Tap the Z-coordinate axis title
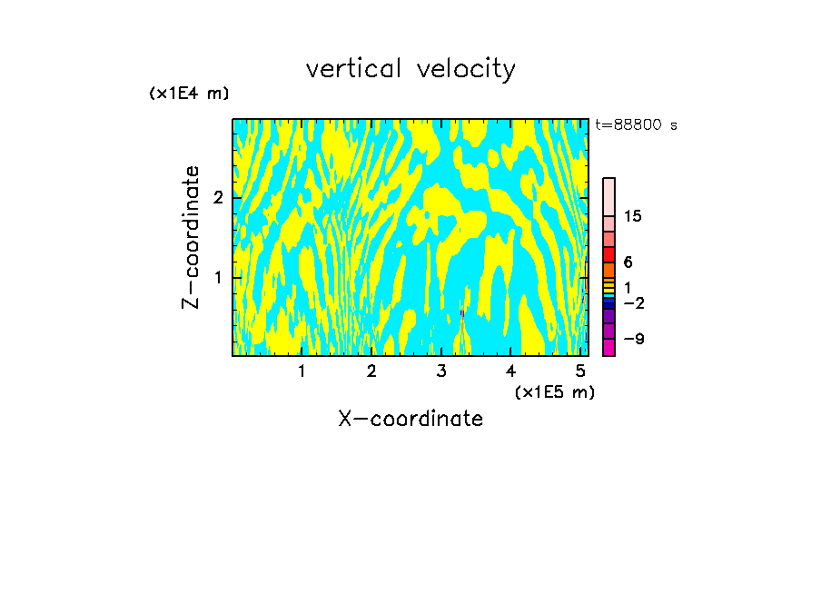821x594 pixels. click(191, 237)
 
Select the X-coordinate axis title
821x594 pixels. click(410, 419)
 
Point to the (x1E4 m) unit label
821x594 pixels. click(189, 94)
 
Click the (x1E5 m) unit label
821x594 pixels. click(554, 391)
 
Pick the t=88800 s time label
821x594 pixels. click(636, 125)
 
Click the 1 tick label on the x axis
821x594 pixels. click(302, 371)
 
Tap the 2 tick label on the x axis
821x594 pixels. click(371, 371)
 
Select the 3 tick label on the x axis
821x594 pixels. click(441, 371)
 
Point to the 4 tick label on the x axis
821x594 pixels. click(510, 371)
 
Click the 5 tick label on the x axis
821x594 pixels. click(580, 371)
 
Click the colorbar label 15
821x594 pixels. click(633, 216)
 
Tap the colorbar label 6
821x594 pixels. click(628, 262)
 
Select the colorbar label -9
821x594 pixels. click(632, 339)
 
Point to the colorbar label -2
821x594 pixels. click(632, 302)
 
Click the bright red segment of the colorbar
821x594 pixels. click(608, 254)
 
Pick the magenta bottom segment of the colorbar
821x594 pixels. click(608, 347)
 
